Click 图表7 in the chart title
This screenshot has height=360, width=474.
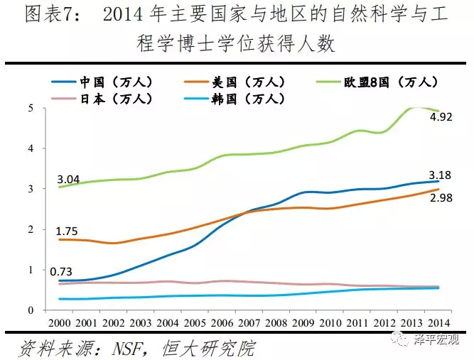47,15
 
